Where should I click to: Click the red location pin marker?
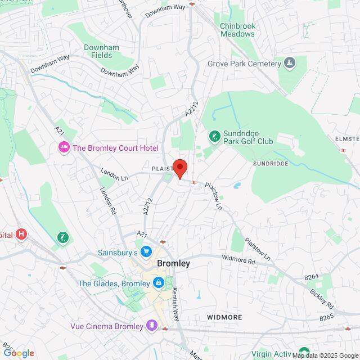pos(179,168)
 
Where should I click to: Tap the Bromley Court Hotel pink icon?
pos(64,148)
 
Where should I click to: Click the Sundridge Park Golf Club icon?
pos(214,136)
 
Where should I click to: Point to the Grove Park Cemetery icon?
pos(290,62)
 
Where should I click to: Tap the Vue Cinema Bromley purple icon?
pos(151,326)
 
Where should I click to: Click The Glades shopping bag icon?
pos(159,282)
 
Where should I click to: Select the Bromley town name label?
pos(174,263)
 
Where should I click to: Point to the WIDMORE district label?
pos(224,317)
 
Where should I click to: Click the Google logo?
pos(18,353)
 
